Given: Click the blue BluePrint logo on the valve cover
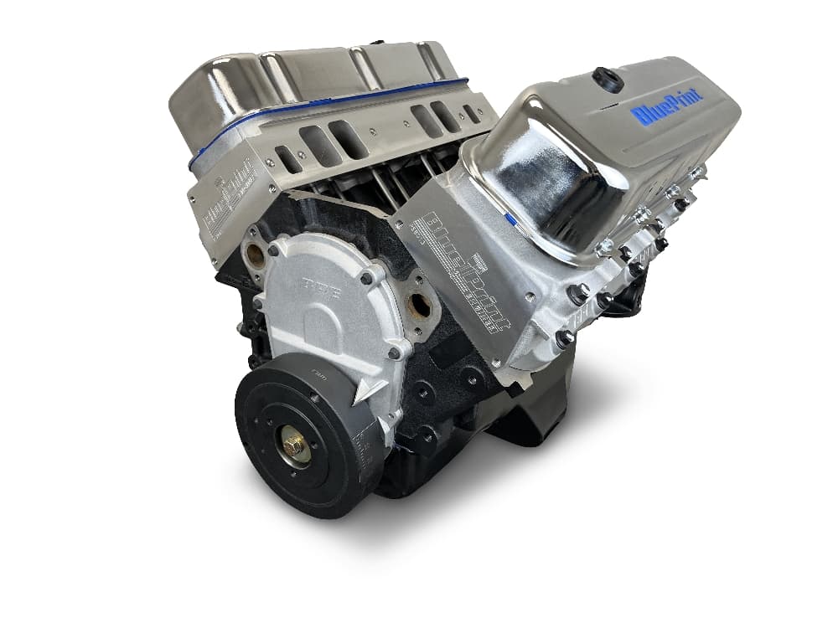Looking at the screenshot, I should point(667,106).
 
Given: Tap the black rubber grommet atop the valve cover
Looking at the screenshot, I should point(608,80).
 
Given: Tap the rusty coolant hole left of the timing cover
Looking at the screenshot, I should point(254,256).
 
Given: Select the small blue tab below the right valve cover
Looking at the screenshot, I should point(510,219).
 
